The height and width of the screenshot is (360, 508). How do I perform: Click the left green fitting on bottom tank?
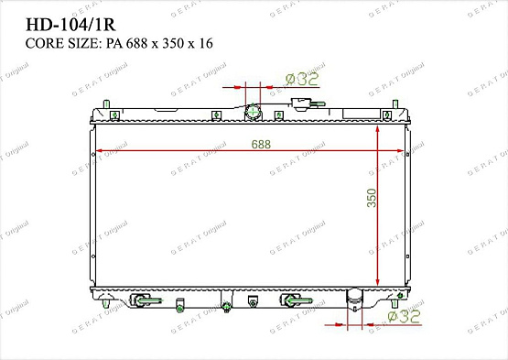pyautogui.click(x=143, y=300)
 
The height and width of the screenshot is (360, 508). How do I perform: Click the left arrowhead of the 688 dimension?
pyautogui.click(x=99, y=150)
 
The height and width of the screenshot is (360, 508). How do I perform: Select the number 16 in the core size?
pyautogui.click(x=205, y=44)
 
